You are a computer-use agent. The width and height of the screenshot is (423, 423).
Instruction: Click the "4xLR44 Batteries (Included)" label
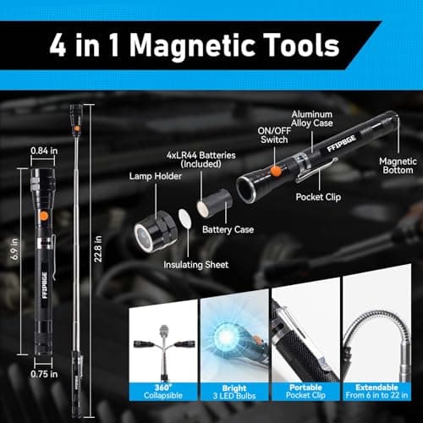[194, 162]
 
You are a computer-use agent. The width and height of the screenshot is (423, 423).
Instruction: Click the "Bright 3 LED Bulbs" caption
[233, 391]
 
